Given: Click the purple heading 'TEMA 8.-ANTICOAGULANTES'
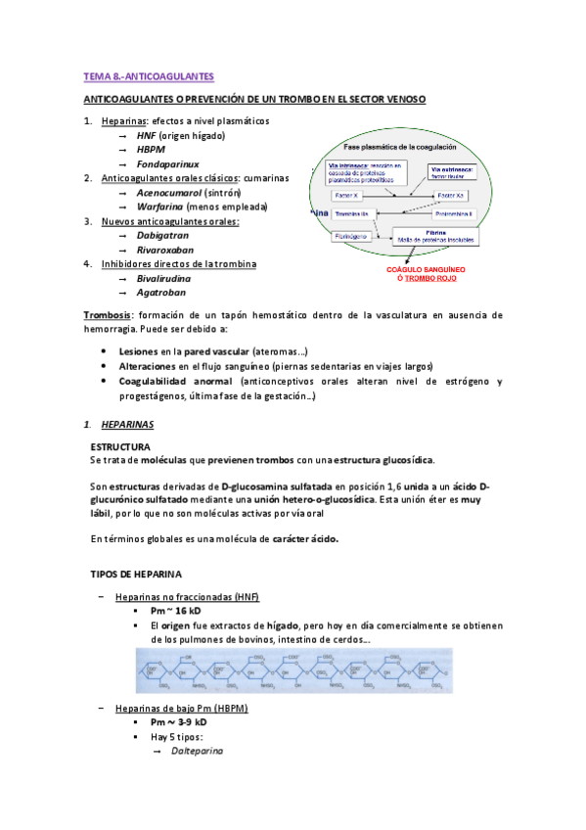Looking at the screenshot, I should tap(147, 76).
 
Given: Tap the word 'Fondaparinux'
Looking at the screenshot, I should tap(168, 164).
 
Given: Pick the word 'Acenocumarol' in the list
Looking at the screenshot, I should tap(168, 193).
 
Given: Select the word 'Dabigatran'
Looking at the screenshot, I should tap(162, 236).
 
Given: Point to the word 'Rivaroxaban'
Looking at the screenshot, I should tap(164, 250).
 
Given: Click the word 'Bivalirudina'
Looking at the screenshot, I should tap(164, 278).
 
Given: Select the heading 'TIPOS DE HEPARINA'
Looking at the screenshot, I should tap(133, 573).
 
